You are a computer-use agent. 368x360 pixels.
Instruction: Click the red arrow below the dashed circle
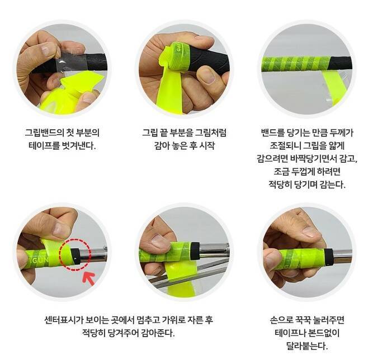click(89, 278)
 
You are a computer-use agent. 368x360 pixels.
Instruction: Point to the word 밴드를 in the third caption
click(273, 132)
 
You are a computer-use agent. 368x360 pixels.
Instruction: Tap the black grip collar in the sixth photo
click(329, 257)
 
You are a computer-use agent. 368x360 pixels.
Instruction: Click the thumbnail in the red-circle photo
click(60, 227)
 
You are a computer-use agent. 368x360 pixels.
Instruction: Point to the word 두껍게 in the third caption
click(303, 172)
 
